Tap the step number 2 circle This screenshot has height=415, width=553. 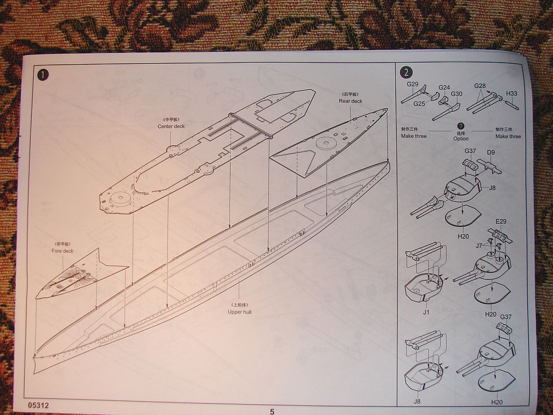pos(406,72)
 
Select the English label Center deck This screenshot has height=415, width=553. pos(171,126)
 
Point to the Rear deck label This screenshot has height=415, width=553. pos(350,101)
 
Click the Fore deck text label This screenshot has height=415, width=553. pos(63,251)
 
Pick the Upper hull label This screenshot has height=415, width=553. pos(239,312)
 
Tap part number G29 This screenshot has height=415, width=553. pos(413,84)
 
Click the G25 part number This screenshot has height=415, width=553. pos(420,104)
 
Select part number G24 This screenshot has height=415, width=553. pos(444,88)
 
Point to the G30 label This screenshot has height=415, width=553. pos(457,93)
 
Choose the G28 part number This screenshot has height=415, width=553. pos(480,86)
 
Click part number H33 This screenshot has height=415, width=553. pos(511,93)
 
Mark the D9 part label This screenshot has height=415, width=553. pos(491,152)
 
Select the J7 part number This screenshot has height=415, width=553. pos(479,246)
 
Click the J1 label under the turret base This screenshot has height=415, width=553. pos(426,312)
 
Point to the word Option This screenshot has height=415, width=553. pos(461,139)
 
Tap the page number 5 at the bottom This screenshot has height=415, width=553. pos(272,411)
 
